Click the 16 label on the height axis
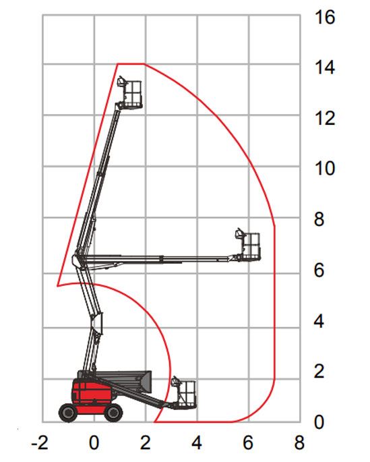click(x=325, y=17)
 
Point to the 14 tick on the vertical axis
click(x=325, y=67)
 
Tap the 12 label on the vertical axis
click(x=325, y=119)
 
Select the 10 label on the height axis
click(x=325, y=169)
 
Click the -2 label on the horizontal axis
click(x=40, y=442)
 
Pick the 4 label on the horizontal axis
click(x=197, y=442)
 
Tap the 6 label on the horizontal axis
click(x=248, y=442)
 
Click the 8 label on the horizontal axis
click(x=299, y=442)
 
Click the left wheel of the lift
click(x=69, y=413)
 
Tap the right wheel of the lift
click(x=113, y=413)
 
